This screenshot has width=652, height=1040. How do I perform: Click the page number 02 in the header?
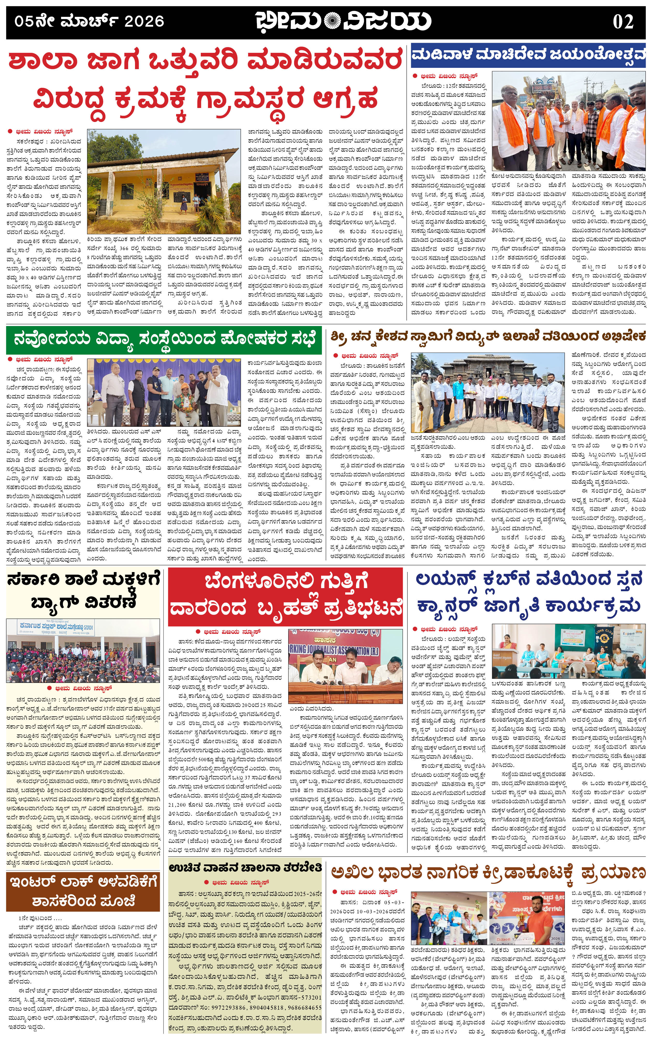[623, 21]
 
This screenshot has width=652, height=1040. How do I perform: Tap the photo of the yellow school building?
[164, 181]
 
